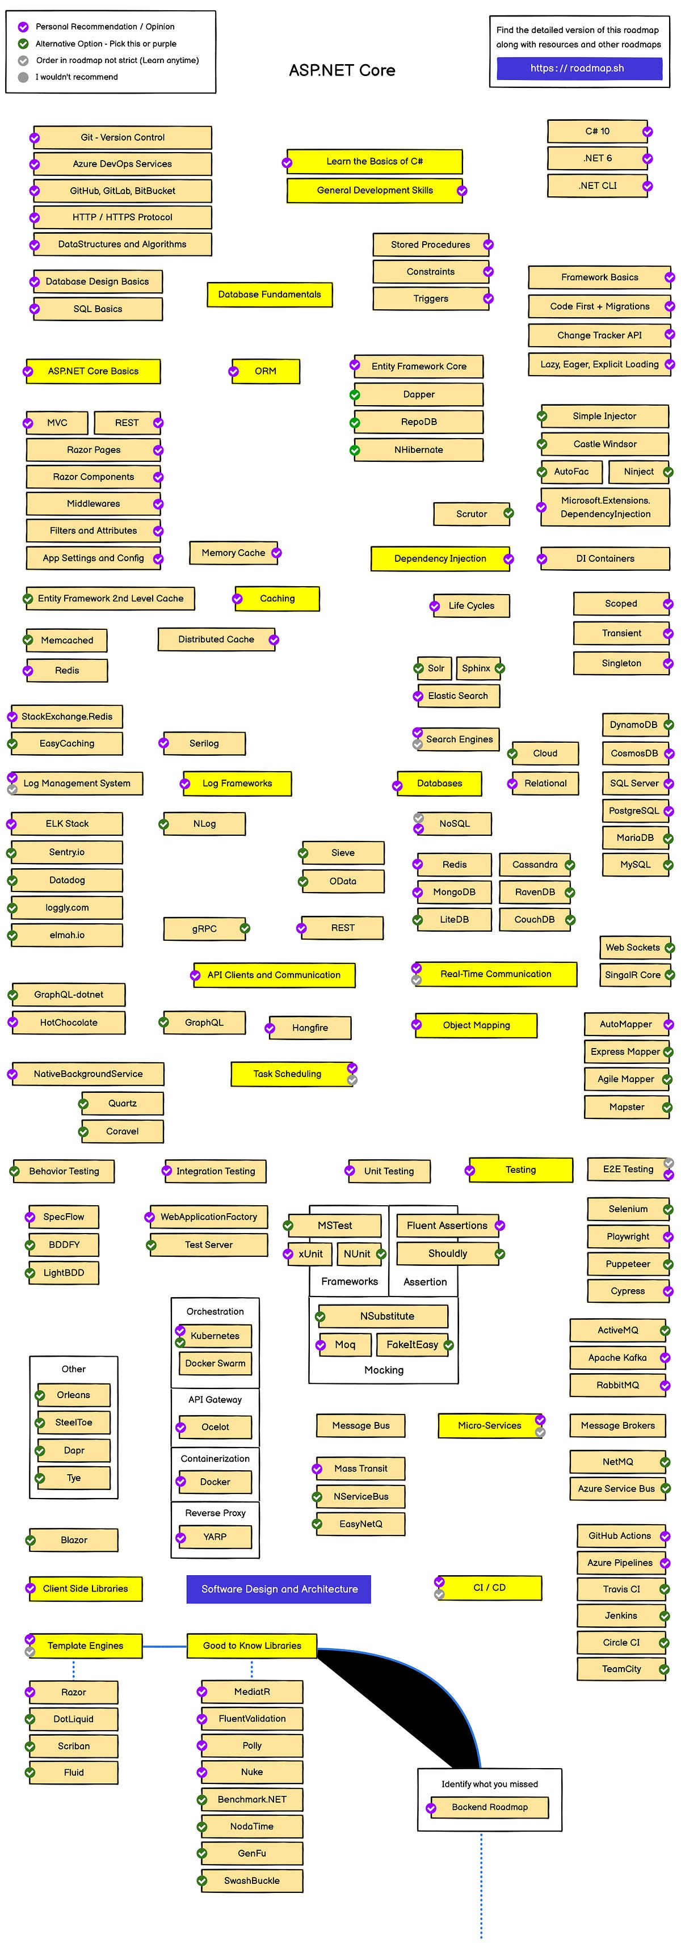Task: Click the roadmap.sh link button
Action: (578, 68)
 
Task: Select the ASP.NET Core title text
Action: (342, 70)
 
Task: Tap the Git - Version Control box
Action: (123, 137)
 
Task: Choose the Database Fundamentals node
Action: (270, 294)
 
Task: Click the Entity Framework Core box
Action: (419, 366)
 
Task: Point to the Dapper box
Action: (419, 394)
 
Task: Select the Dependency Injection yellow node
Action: (440, 558)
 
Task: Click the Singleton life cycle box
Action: (621, 663)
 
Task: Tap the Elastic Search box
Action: (457, 696)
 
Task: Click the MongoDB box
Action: (454, 892)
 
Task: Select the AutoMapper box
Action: (625, 1024)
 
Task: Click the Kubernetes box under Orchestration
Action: (215, 1336)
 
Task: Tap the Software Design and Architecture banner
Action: (279, 1589)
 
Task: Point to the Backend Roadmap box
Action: (489, 1807)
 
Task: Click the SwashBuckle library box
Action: (251, 1880)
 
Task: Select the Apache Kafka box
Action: (617, 1358)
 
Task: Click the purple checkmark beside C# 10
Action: (647, 132)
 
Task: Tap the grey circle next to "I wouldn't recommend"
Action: (23, 77)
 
